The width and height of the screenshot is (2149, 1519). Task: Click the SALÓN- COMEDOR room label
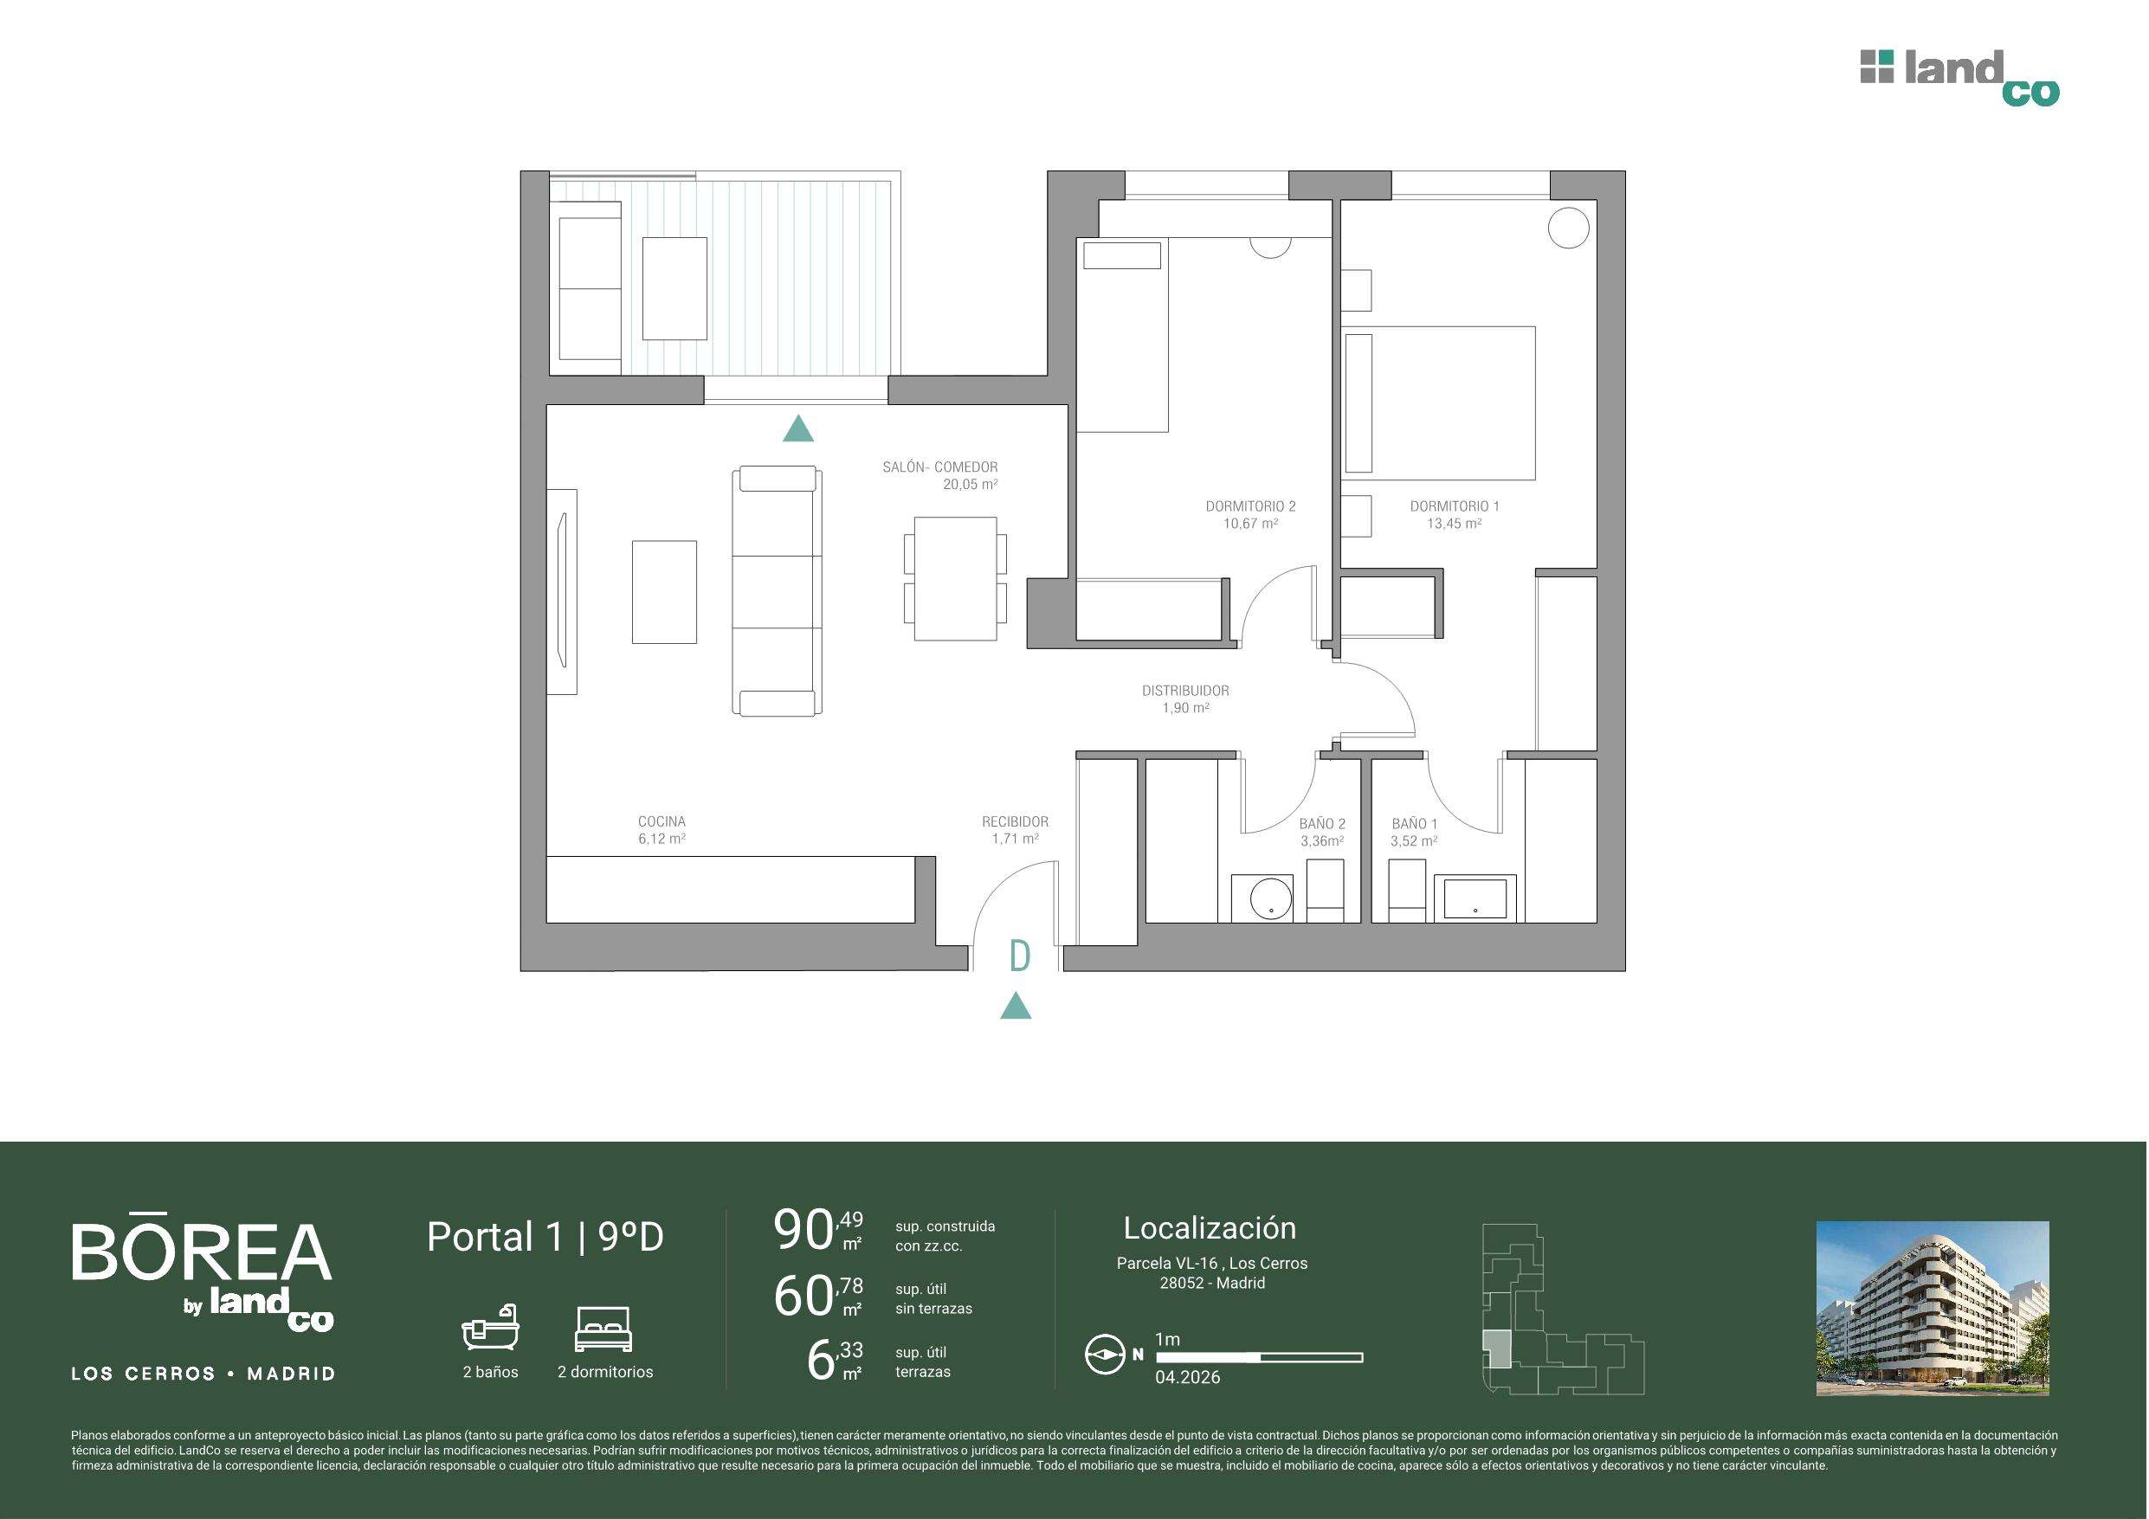click(x=939, y=467)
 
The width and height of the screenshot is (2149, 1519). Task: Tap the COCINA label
click(x=661, y=821)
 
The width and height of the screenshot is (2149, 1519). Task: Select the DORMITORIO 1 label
click(x=1455, y=506)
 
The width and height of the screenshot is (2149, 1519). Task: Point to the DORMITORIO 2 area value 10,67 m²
click(x=1250, y=525)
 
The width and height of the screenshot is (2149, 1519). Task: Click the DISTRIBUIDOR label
click(x=1185, y=691)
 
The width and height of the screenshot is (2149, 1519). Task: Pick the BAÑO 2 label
click(x=1321, y=824)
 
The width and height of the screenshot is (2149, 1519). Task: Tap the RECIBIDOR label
click(x=1015, y=821)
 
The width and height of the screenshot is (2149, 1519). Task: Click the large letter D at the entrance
click(x=1020, y=956)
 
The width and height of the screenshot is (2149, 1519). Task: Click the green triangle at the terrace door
click(x=797, y=428)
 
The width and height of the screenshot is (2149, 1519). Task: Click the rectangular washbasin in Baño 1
click(x=1475, y=899)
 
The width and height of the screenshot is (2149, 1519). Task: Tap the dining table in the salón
click(x=956, y=578)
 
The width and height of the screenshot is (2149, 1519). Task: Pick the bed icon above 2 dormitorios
click(x=603, y=1329)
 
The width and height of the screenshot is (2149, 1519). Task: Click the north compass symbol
click(x=1105, y=1355)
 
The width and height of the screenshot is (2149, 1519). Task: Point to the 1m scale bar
click(x=1259, y=1357)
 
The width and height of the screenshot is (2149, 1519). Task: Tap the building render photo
click(x=1933, y=1309)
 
